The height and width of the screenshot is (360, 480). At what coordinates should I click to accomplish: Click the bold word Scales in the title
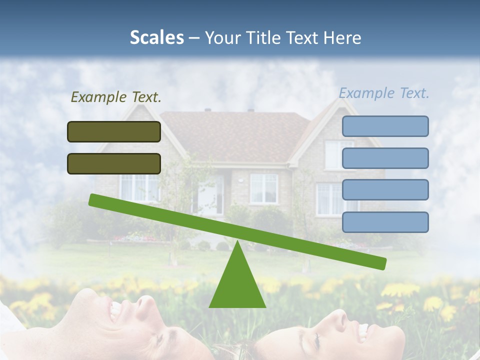click(156, 37)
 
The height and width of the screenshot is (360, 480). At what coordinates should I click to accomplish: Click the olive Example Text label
click(116, 97)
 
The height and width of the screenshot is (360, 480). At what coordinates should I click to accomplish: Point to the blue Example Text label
click(384, 93)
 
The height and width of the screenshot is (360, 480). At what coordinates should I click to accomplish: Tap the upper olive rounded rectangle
click(114, 131)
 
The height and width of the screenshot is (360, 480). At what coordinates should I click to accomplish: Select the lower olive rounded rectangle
click(114, 163)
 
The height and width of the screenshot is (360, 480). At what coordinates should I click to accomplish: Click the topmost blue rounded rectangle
click(385, 126)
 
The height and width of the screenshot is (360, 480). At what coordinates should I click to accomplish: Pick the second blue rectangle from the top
click(385, 158)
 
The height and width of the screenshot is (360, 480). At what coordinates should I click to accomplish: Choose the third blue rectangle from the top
click(385, 190)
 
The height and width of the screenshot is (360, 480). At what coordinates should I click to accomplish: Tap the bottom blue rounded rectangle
click(385, 222)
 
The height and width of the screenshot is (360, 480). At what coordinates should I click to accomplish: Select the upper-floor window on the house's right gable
click(339, 154)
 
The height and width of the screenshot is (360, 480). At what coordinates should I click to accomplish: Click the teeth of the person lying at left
click(115, 311)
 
